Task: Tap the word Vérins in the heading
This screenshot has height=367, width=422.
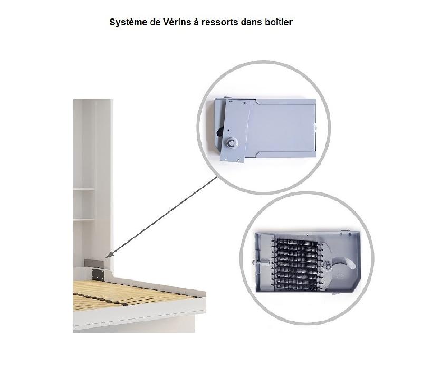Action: click(177, 22)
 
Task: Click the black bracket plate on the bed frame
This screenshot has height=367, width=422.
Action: click(98, 275)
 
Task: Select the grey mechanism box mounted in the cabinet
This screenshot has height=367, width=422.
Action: click(94, 263)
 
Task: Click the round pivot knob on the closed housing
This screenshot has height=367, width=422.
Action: click(231, 142)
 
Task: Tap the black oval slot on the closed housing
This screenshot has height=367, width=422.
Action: click(220, 132)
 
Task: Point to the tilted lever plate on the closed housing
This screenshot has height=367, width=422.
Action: click(235, 131)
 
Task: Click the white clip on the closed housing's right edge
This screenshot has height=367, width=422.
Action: click(315, 127)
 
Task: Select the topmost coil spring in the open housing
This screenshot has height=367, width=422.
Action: click(297, 242)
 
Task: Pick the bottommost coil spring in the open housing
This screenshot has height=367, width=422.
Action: click(297, 287)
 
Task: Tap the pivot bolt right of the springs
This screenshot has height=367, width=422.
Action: click(328, 266)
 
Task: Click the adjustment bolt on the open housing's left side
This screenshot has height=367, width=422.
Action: click(260, 262)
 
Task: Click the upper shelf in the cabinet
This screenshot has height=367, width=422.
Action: click(84, 189)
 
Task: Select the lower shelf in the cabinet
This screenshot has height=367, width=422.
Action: click(84, 220)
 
